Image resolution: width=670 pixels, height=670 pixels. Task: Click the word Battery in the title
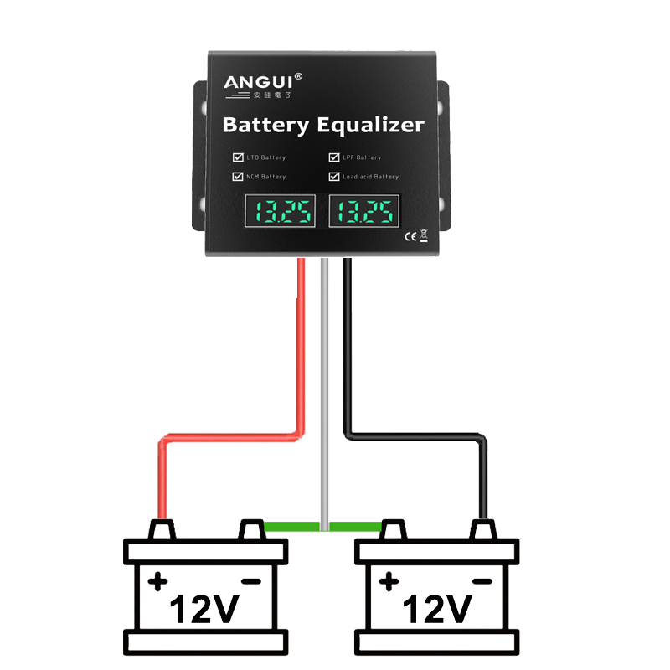point(265,126)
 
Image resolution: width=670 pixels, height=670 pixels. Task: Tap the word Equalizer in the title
point(370,126)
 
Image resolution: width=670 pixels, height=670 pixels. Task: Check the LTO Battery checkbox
point(238,157)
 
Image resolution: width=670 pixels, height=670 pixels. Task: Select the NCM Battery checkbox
point(238,177)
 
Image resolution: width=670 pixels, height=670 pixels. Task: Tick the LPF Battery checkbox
point(334,157)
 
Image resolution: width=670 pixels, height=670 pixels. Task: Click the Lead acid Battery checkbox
point(334,177)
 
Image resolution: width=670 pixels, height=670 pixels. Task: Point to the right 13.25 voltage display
point(364,213)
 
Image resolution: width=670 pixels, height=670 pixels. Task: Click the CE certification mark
point(410,235)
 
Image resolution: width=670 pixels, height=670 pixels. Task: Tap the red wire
point(300,352)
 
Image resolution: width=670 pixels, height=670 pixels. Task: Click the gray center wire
point(323,377)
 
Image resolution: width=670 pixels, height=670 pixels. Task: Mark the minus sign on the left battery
point(250,580)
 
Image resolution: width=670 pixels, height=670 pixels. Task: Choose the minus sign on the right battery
point(481,580)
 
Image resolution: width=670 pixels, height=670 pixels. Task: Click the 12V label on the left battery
point(204,611)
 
